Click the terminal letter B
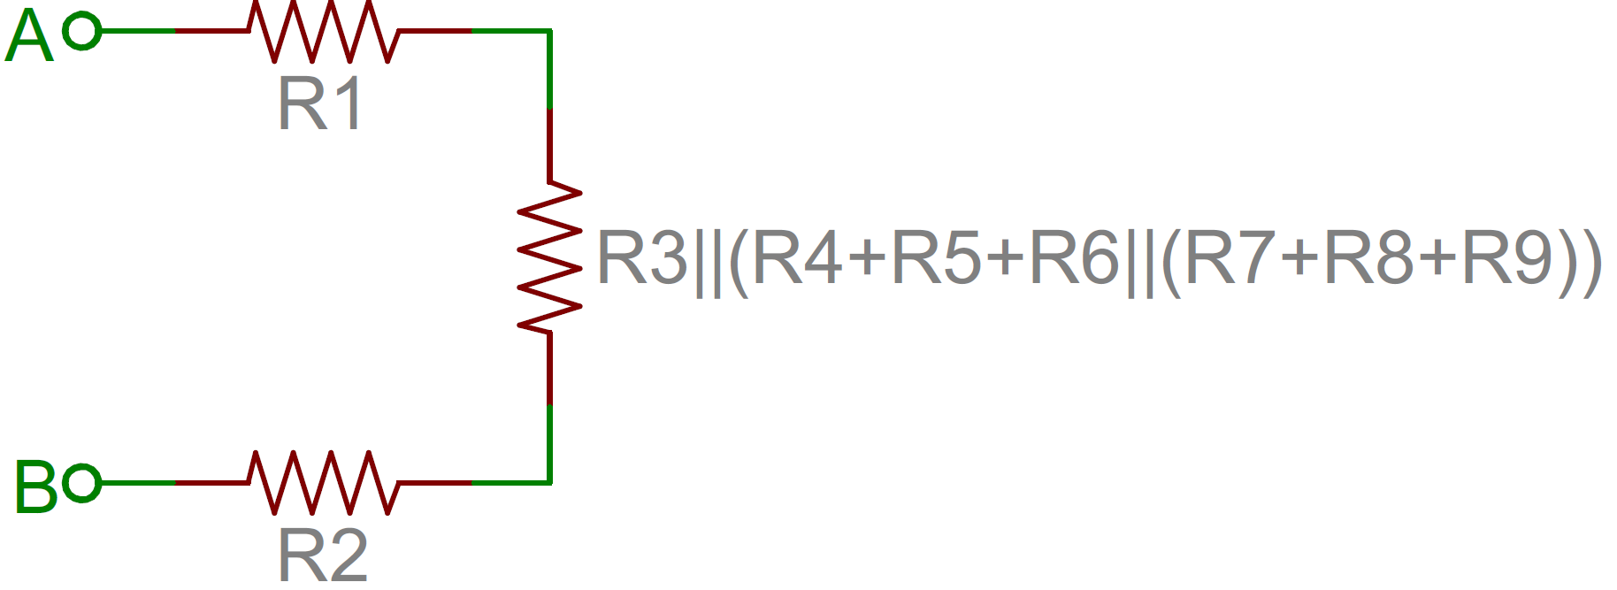(36, 487)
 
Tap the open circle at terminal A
(82, 31)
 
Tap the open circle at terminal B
(82, 483)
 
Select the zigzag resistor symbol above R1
(323, 31)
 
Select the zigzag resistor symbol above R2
(323, 483)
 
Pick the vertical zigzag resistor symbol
(549, 257)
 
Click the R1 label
(320, 104)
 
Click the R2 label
(323, 556)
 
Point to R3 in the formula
(642, 257)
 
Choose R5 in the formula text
(937, 257)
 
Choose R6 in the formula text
(1076, 257)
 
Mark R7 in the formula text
(1230, 257)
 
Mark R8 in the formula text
(1369, 257)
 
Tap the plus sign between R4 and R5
(868, 258)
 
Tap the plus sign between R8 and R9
(1439, 258)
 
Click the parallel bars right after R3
(707, 263)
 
